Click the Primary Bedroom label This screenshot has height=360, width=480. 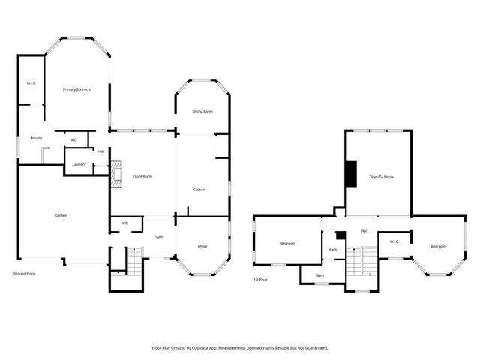click(77, 89)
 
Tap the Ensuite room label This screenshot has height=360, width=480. click(36, 139)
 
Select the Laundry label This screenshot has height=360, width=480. click(79, 164)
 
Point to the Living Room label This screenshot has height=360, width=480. click(142, 176)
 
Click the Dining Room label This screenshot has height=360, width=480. click(202, 111)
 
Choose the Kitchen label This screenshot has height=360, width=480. click(199, 190)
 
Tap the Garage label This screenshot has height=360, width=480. click(61, 216)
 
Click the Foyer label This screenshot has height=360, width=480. click(159, 237)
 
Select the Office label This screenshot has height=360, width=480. click(202, 246)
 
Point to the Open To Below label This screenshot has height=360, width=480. click(381, 177)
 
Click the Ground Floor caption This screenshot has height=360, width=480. click(24, 274)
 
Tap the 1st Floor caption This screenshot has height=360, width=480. click(260, 280)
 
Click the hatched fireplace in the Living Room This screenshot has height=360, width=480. click(115, 175)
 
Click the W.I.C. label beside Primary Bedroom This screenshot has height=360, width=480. click(31, 82)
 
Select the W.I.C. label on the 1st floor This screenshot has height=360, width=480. click(394, 241)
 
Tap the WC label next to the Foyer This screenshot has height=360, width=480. click(124, 223)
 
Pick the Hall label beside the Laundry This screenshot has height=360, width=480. click(100, 151)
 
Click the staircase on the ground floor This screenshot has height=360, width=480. click(134, 262)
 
